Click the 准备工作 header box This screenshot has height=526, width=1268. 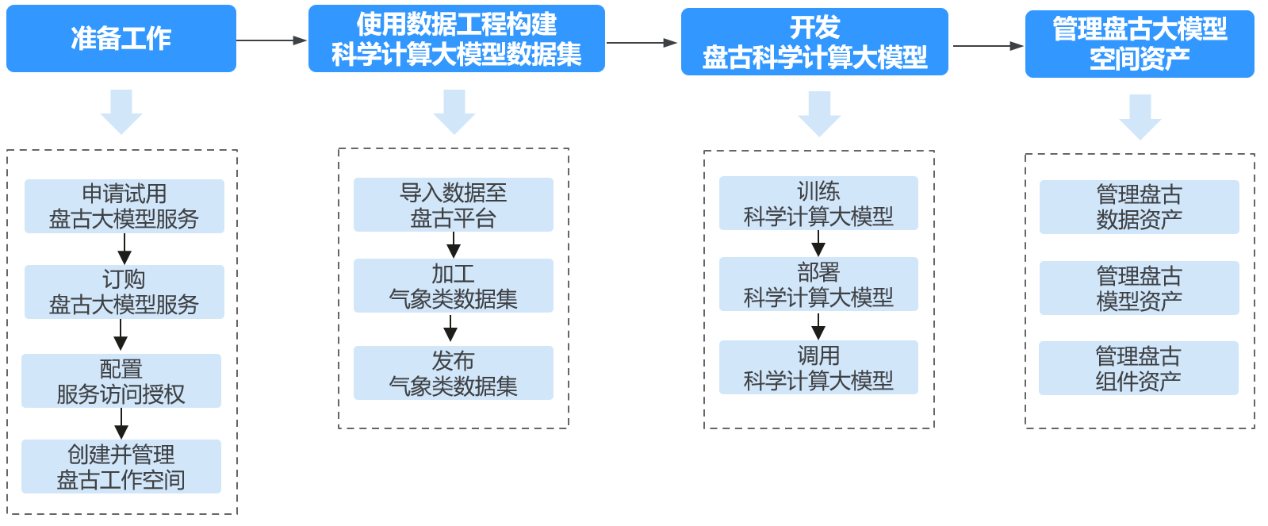(x=121, y=38)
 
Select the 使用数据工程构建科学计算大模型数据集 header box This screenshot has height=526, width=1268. (x=456, y=39)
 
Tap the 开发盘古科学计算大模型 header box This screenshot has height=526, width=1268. (x=814, y=42)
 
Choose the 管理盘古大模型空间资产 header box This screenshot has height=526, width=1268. (x=1139, y=44)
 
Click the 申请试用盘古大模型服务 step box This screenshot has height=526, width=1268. (x=124, y=206)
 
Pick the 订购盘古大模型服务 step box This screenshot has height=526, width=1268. (x=124, y=292)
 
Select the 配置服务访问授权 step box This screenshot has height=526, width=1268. (x=121, y=381)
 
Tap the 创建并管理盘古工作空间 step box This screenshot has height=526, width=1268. (x=121, y=466)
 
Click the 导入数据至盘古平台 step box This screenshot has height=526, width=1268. (x=453, y=205)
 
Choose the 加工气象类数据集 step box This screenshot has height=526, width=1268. (x=453, y=286)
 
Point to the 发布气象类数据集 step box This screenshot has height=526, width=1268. (x=453, y=373)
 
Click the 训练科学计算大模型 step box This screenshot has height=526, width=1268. (x=818, y=203)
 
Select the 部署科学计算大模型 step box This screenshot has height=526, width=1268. (x=818, y=284)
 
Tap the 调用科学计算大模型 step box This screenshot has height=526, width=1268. (x=818, y=367)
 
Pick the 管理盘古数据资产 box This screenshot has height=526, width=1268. (x=1139, y=207)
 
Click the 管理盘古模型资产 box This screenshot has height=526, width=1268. (x=1139, y=288)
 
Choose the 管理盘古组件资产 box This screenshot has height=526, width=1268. (x=1138, y=368)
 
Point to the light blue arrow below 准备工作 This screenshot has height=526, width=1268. (x=121, y=112)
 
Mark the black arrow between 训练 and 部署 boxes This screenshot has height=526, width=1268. (x=818, y=244)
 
